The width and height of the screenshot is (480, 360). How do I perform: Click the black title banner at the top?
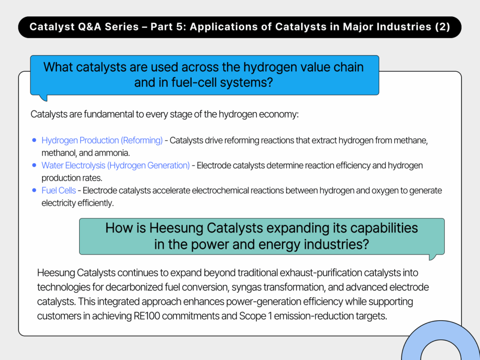tap(240, 27)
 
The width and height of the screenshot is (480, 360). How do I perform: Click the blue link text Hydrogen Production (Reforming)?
tap(102, 140)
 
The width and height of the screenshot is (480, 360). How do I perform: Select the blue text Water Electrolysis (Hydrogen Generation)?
tap(115, 165)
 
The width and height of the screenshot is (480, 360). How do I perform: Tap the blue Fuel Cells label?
tap(59, 190)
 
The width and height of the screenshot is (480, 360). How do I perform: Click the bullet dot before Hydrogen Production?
tap(34, 140)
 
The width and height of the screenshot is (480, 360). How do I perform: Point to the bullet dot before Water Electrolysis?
tap(34, 165)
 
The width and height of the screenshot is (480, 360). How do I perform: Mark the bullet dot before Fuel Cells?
tap(34, 190)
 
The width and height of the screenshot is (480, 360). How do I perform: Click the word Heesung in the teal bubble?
tap(176, 228)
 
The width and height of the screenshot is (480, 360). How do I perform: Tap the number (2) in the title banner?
tap(442, 27)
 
